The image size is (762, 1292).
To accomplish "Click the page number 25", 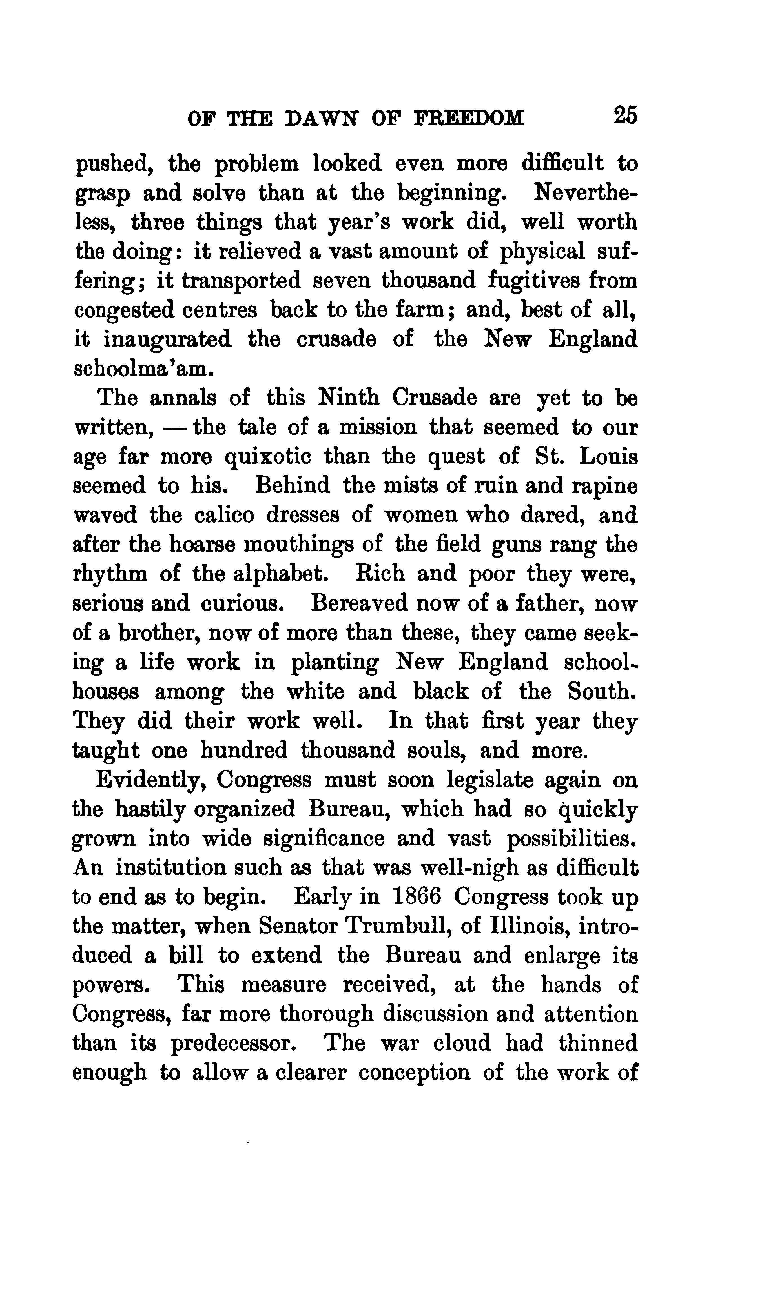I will click(x=625, y=116).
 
